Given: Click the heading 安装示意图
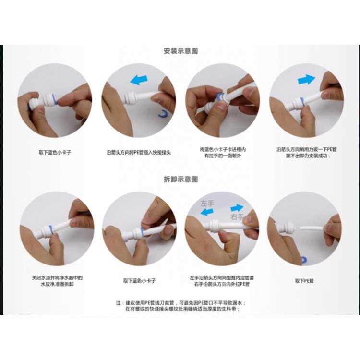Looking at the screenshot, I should [x=180, y=51].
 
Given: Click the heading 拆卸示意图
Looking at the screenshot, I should [x=180, y=179].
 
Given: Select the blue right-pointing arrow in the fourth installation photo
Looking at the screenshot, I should [x=306, y=80].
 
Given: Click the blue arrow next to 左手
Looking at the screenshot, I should [x=207, y=212].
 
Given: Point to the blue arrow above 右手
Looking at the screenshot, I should [x=237, y=208].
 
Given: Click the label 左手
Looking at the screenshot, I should [x=208, y=204].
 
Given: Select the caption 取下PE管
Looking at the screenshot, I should [x=304, y=281].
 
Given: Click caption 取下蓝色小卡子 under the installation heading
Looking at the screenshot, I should [x=54, y=152].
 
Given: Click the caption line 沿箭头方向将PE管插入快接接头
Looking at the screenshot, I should [x=138, y=152].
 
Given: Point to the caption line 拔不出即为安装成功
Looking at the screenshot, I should [x=306, y=156].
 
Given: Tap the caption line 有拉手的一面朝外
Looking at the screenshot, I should [x=222, y=156].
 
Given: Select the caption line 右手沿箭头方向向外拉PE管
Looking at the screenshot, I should [x=222, y=284].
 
